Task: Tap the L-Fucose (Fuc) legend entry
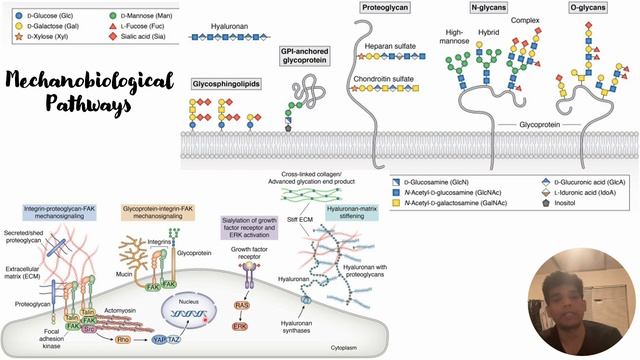(129, 28)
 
